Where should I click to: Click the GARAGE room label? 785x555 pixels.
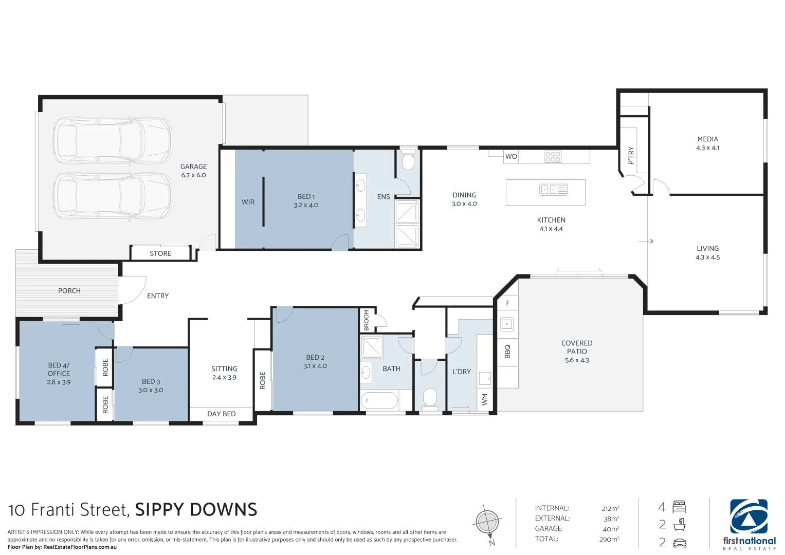click(x=193, y=170)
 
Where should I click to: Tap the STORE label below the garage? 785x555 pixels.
click(x=160, y=253)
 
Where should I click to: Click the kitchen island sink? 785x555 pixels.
click(x=553, y=190)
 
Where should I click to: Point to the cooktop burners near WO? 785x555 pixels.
click(x=553, y=156)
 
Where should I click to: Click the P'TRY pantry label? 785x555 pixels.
click(x=631, y=155)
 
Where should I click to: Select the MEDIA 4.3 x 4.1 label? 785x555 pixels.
click(x=707, y=143)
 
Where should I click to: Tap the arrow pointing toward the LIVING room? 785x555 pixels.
click(x=646, y=241)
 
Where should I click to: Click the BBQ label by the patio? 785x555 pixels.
click(x=507, y=351)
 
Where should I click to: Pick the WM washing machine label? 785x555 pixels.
click(x=484, y=400)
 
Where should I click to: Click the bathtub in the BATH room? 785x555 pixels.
click(x=379, y=401)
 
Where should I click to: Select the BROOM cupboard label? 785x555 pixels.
click(x=367, y=320)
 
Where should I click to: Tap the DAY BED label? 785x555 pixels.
click(x=221, y=414)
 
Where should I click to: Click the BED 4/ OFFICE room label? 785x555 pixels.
click(x=59, y=373)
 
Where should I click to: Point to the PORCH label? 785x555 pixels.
click(x=69, y=291)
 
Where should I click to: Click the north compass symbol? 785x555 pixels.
click(x=487, y=523)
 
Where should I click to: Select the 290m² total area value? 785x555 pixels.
click(x=609, y=539)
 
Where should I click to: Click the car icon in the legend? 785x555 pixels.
click(x=679, y=543)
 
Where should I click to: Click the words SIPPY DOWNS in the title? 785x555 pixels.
click(x=196, y=510)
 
